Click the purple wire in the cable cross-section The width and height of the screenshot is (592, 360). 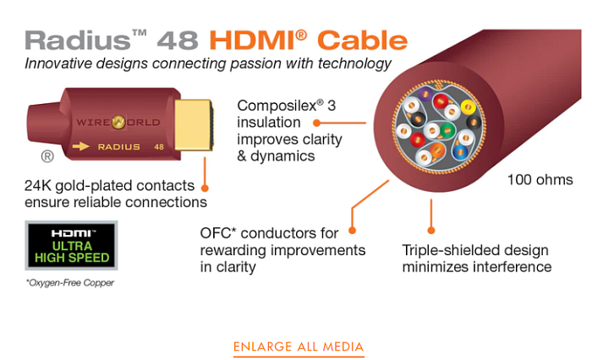(425, 94)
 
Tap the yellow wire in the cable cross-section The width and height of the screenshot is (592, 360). (469, 107)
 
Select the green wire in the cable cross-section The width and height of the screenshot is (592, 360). (447, 131)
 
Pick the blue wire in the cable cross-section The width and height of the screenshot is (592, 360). (460, 152)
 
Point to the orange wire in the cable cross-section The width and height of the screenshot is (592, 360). (437, 150)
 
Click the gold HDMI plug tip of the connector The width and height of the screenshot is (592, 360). (194, 124)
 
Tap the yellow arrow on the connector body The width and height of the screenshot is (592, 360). (80, 146)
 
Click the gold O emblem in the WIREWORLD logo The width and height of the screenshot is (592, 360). (118, 123)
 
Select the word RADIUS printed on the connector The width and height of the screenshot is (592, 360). (119, 147)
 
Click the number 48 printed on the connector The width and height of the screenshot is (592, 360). (159, 147)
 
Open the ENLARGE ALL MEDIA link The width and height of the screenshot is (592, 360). (299, 346)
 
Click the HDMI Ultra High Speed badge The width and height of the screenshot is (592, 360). (71, 245)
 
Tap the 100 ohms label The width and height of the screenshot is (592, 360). (540, 180)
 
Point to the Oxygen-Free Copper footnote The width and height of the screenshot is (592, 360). (70, 282)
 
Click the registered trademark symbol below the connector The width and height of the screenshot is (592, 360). (47, 156)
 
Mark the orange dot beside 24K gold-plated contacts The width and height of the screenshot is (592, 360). (205, 188)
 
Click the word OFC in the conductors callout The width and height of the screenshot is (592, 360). (216, 233)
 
